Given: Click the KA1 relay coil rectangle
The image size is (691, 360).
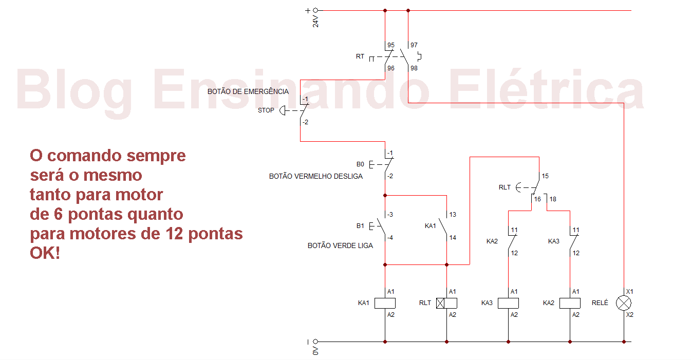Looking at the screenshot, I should pos(385,303).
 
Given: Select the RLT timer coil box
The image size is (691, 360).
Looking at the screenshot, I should pos(446,303).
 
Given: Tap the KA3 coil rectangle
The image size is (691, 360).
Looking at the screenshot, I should pos(508,303).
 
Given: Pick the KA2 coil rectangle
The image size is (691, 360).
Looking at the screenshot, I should pos(570,303).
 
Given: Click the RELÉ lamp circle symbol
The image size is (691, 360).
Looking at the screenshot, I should pos(624,303).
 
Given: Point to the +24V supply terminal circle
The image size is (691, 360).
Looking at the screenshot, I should pos(315,10).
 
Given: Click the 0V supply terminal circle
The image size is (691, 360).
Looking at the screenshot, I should pos(315,342).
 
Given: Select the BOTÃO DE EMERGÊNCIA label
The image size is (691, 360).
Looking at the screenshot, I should pos(248,91).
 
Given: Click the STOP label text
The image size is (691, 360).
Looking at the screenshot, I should pos(266,110).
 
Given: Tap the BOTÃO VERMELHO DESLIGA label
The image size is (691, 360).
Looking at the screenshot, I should pos(316,176).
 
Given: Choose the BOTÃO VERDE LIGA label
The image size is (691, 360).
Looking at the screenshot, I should pos(340,245).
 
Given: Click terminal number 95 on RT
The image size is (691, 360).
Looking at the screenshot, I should pos(391,45).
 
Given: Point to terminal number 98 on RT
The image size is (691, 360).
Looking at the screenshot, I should pos(414,68).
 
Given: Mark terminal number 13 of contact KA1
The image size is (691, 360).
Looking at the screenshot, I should pos(453,215).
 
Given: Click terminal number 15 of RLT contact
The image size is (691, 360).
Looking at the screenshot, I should pos(545,176).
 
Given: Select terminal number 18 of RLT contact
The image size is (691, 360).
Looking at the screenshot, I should pos(553,199).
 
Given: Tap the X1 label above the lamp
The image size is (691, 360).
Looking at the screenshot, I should pos(630,291).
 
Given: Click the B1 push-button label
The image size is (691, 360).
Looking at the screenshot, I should pos(360,225).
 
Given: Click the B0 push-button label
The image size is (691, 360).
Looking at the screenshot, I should pos(360,164).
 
